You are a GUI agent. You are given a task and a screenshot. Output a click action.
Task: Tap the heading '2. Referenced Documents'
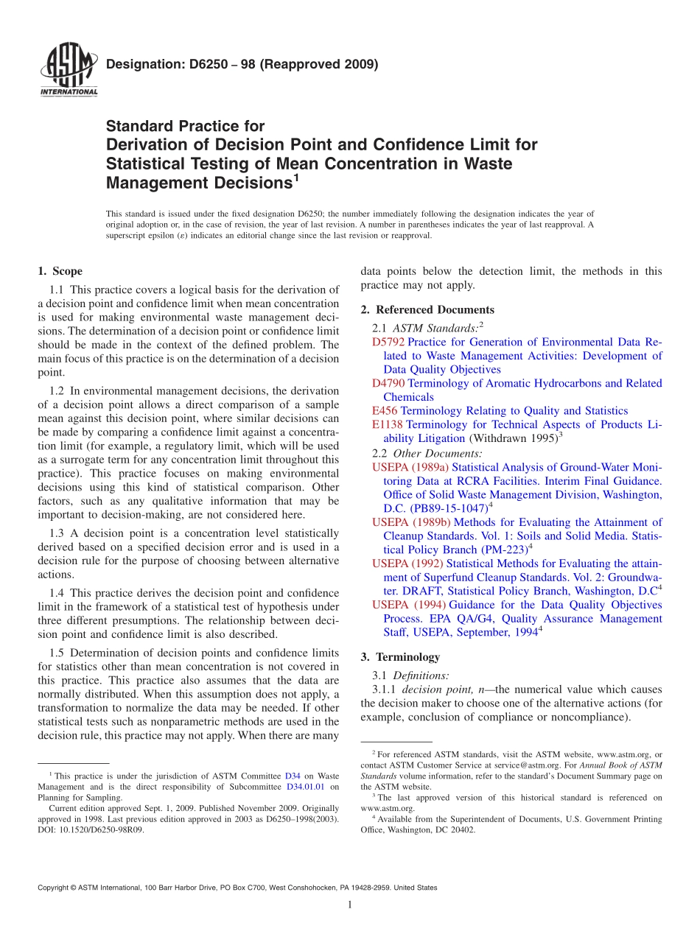427,309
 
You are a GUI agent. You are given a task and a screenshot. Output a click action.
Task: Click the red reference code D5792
388,343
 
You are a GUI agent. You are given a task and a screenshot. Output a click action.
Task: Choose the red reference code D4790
388,384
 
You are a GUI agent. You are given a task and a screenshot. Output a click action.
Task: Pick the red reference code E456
385,411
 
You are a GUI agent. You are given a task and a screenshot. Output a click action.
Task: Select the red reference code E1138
388,425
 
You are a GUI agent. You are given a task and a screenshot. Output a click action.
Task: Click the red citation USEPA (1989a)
410,467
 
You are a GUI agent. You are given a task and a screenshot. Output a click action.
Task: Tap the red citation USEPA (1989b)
410,522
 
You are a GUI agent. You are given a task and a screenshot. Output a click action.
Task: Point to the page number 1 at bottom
350,905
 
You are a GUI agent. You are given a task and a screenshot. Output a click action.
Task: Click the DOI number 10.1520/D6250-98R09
99,829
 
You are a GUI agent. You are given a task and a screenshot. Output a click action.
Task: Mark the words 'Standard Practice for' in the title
185,126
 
